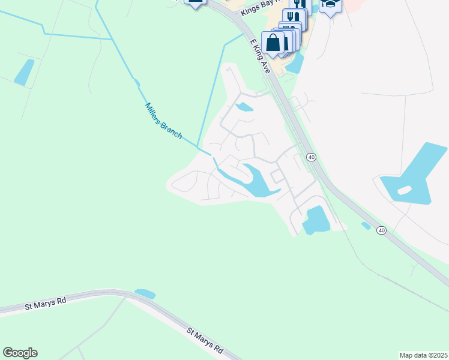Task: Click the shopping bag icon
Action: click(x=273, y=43)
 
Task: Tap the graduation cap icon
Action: click(x=330, y=5)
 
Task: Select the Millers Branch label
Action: click(x=163, y=121)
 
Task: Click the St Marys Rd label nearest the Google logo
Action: click(x=45, y=304)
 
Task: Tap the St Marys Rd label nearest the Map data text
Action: click(x=205, y=340)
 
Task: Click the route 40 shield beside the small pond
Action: click(x=381, y=230)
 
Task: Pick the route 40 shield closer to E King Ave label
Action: click(x=311, y=157)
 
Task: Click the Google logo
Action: click(x=20, y=353)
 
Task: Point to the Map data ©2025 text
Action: click(x=423, y=355)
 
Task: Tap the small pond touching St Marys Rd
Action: click(x=145, y=294)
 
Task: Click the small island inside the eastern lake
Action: click(x=405, y=190)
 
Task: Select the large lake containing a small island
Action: click(x=414, y=174)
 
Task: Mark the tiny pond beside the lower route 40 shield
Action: click(x=366, y=226)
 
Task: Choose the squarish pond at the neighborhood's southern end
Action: click(x=316, y=220)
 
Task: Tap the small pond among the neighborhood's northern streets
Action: click(x=244, y=107)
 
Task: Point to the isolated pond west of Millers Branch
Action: click(x=24, y=73)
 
